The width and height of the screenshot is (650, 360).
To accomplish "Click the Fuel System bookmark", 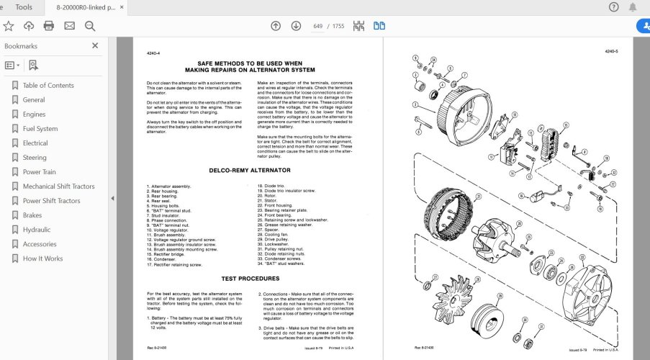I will (40, 129).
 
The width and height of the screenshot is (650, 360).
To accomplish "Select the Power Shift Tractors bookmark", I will (51, 201).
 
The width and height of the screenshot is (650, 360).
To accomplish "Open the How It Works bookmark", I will (42, 258).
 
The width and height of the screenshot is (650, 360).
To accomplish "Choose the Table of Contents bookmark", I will (48, 86).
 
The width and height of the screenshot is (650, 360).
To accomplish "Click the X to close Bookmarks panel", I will (95, 45).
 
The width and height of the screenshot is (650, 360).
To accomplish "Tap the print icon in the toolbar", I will (49, 26).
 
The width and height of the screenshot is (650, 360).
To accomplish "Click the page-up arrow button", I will (276, 26).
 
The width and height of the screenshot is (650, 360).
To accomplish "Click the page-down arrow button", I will (294, 26).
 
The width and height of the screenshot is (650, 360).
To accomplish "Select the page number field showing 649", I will (317, 26).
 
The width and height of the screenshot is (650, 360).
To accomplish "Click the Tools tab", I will (24, 7).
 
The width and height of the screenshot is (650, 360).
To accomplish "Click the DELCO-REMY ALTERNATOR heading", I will (249, 170).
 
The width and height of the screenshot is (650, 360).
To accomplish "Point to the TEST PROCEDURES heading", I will (249, 278).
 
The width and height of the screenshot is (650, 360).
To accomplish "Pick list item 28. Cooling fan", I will (277, 234).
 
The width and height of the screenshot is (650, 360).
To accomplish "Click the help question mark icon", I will (613, 7).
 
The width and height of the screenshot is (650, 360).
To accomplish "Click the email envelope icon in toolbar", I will (69, 26).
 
